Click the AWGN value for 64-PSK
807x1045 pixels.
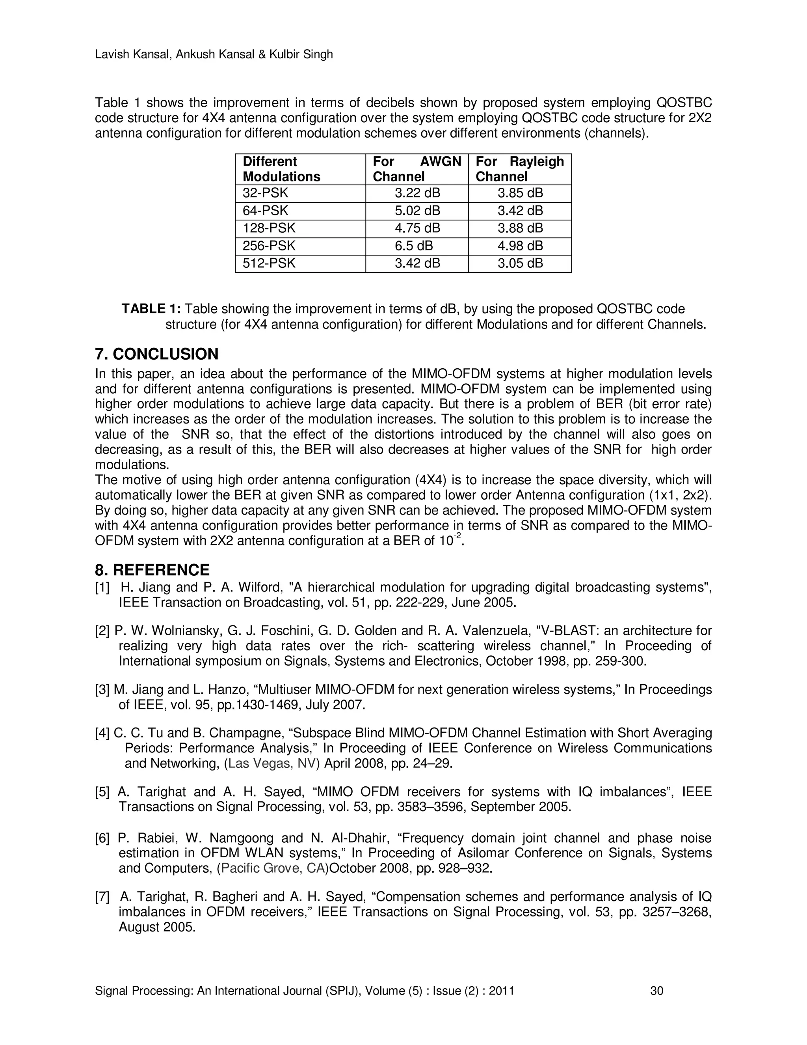coord(417,211)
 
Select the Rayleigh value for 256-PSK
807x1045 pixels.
coord(520,246)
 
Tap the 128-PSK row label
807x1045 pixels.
coord(269,228)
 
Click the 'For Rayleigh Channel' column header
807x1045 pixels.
coord(520,169)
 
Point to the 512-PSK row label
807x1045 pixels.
coord(269,263)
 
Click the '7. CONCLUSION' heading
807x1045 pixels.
coord(156,354)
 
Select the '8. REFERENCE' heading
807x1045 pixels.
coord(152,570)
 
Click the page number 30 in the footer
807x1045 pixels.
coord(656,991)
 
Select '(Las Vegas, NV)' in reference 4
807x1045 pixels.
coord(271,763)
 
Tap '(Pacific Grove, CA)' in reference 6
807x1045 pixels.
coord(273,868)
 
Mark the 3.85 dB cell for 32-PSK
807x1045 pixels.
coord(520,193)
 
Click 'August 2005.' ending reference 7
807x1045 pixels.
coord(157,927)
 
